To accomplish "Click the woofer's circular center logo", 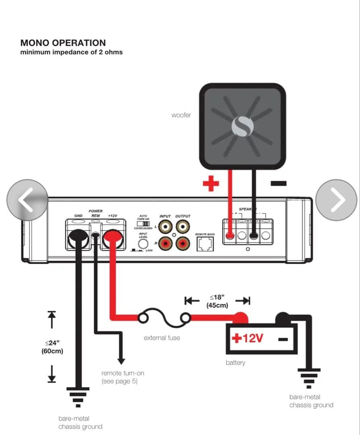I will (x=242, y=126).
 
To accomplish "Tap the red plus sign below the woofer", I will (x=210, y=184).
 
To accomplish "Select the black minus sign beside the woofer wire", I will (x=279, y=183).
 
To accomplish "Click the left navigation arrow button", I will (x=27, y=200).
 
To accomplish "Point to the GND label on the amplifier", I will (x=78, y=216).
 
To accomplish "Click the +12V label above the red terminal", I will (x=112, y=216).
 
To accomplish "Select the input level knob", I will (x=143, y=244).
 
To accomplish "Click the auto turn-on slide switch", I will (x=143, y=223).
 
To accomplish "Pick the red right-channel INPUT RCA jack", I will (x=165, y=243).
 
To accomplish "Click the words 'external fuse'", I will (x=162, y=338).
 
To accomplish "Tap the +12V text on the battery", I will (x=247, y=338).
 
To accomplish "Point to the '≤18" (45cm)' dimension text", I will (x=217, y=301).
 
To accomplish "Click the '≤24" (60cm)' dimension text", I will (x=52, y=347).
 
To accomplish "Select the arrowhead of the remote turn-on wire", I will (x=121, y=361).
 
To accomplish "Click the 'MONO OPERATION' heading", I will (x=63, y=43).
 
